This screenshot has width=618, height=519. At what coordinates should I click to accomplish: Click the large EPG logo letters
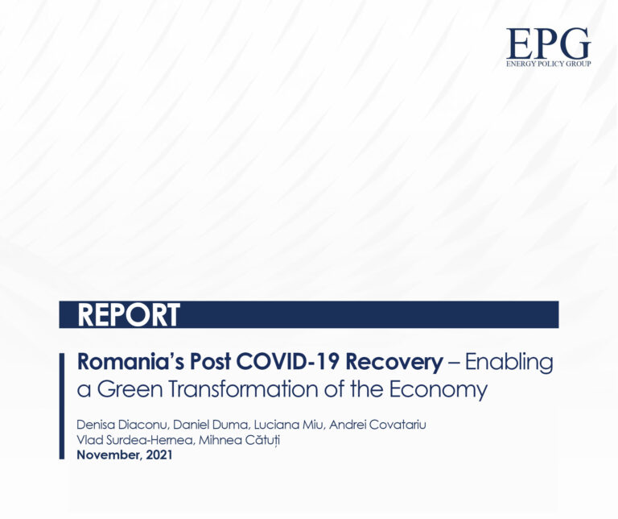(548, 44)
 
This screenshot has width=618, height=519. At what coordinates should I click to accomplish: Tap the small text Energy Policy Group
(548, 63)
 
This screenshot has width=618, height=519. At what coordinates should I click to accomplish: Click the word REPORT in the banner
(129, 315)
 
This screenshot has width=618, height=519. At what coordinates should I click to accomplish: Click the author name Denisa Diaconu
(118, 425)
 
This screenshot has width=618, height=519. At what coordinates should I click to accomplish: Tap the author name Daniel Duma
(202, 425)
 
